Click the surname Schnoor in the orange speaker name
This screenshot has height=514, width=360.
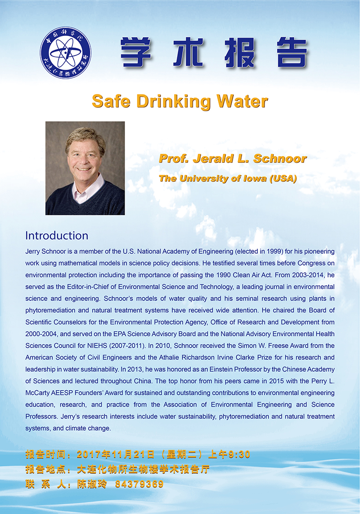[279, 159]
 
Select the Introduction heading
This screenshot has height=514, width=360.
[57, 235]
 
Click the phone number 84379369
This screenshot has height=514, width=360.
[139, 484]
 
